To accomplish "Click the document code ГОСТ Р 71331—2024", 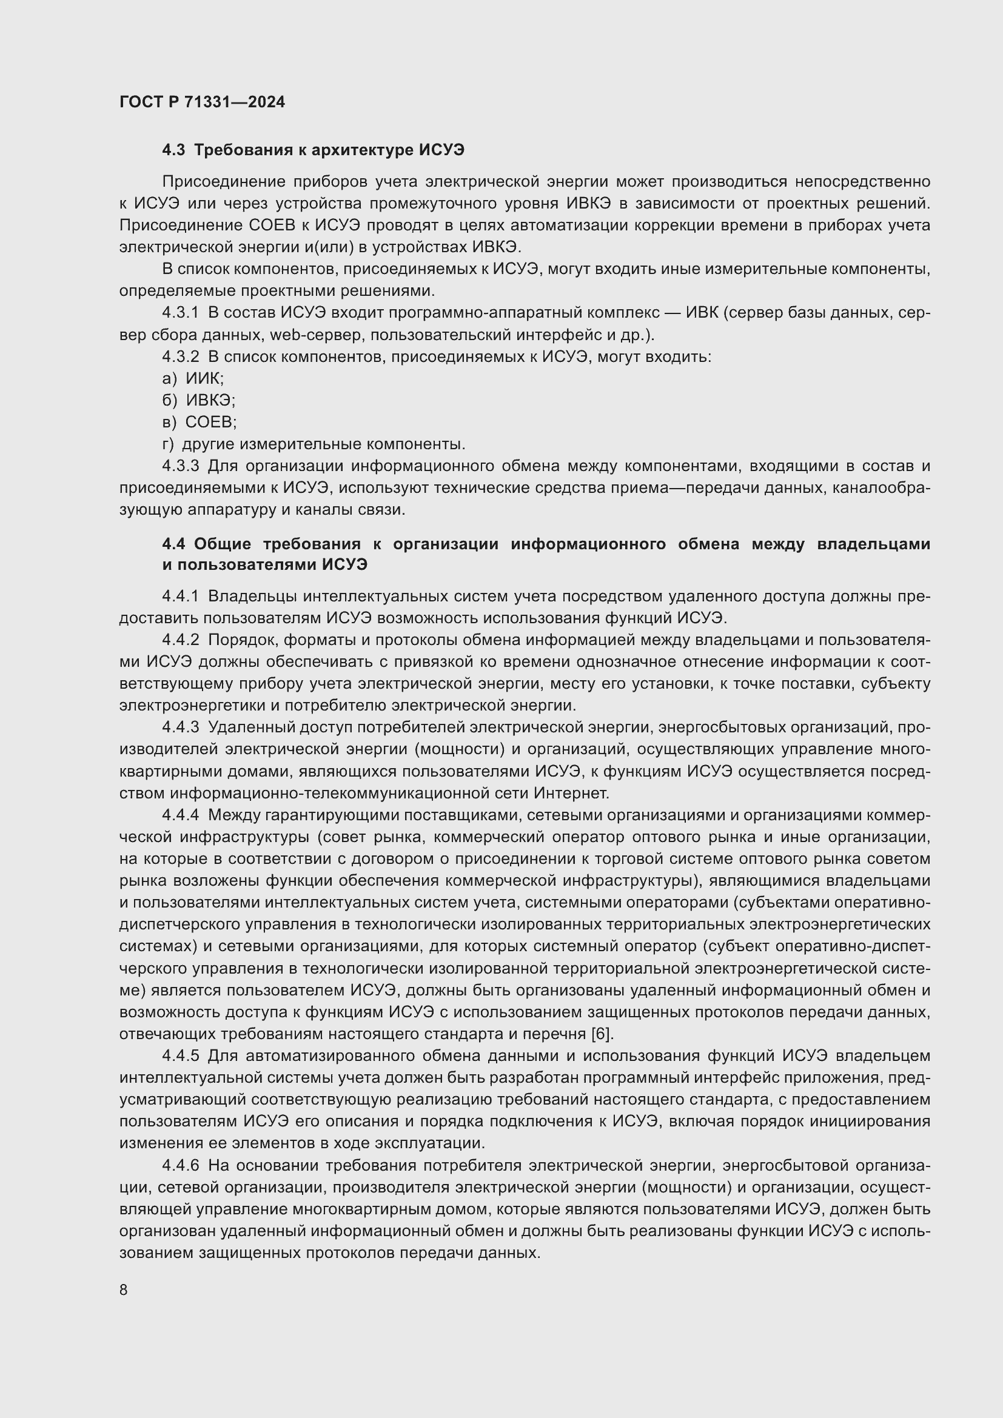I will (x=202, y=102).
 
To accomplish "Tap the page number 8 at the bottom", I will (x=124, y=1290).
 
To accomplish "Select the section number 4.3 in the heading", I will (x=173, y=150).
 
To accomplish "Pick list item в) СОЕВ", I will (x=200, y=422).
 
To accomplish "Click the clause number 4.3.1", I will (x=180, y=313).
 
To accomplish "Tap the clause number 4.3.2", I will (x=180, y=356).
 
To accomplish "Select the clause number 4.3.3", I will (x=180, y=466).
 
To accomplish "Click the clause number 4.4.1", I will (x=180, y=596).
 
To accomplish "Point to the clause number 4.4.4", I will (x=180, y=815).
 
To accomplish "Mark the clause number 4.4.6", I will (x=180, y=1165).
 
